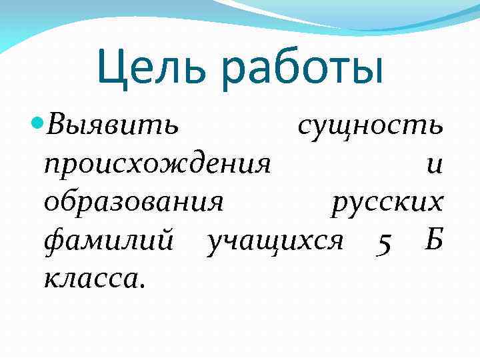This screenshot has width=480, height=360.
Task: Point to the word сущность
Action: pos(369,125)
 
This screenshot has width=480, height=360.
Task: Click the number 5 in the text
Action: pos(382,241)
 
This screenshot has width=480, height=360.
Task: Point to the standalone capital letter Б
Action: pos(433,239)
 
